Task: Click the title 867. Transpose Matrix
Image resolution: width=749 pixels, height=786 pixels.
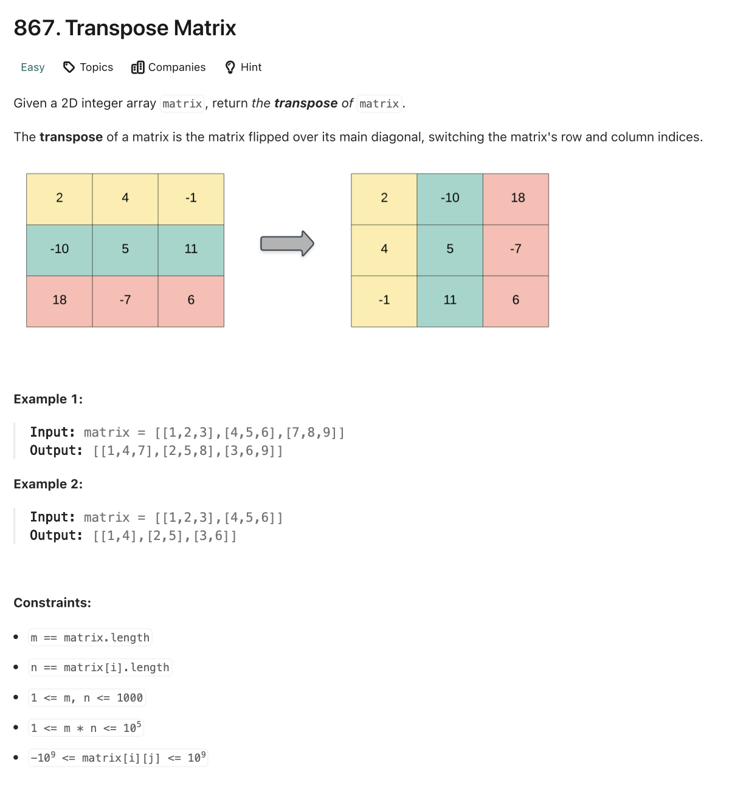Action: (125, 28)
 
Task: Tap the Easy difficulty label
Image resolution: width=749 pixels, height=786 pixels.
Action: (33, 67)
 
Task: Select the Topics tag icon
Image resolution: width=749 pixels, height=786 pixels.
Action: (69, 67)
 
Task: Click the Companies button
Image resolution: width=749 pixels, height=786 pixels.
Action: (168, 67)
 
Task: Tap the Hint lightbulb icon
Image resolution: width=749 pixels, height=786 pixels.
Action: (230, 67)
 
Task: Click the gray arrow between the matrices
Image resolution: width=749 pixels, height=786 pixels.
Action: (287, 244)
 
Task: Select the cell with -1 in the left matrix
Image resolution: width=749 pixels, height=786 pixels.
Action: (191, 199)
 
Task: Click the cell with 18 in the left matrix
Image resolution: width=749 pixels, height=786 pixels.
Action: (60, 301)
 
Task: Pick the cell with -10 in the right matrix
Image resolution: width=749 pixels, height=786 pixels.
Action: (450, 199)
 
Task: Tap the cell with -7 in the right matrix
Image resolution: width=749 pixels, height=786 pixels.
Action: (516, 250)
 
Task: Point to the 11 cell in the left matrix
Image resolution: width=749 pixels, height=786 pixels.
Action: (191, 250)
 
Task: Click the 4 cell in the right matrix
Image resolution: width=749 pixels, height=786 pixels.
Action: (384, 250)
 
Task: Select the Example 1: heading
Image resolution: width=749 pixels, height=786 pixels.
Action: (48, 399)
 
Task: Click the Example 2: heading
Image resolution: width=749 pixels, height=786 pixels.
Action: (48, 484)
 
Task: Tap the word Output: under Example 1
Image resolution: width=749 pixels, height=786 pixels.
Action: (56, 451)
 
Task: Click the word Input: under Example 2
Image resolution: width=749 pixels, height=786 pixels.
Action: (52, 518)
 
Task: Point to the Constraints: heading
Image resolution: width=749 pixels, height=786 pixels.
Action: (52, 603)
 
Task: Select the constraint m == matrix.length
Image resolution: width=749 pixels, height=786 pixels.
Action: (90, 637)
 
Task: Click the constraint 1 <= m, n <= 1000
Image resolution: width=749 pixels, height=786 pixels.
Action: (87, 697)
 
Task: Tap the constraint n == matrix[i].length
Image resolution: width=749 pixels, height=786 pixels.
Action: (100, 668)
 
